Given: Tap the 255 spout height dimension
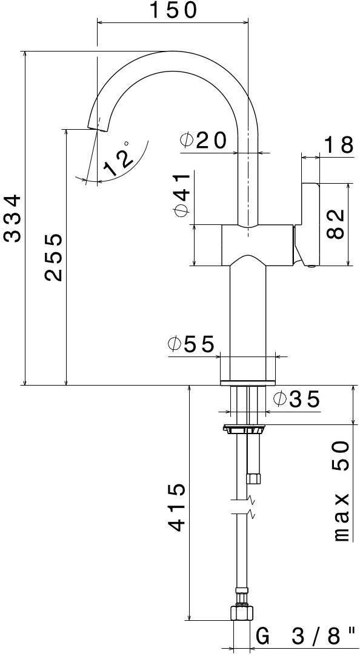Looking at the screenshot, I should [x=55, y=256].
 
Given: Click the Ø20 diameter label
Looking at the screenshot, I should [x=203, y=141].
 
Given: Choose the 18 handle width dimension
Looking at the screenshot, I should [x=338, y=146].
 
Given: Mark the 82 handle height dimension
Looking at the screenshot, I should [x=335, y=224].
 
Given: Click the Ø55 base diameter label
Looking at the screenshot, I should [x=192, y=344].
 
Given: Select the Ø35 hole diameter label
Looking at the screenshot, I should [x=296, y=400].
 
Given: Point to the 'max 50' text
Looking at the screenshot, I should [x=341, y=490].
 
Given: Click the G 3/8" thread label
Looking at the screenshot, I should [x=305, y=637].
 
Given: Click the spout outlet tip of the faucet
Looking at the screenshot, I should [x=97, y=126].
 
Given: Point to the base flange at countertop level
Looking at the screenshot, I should [x=247, y=383].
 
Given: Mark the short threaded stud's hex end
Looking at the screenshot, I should [x=253, y=479].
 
